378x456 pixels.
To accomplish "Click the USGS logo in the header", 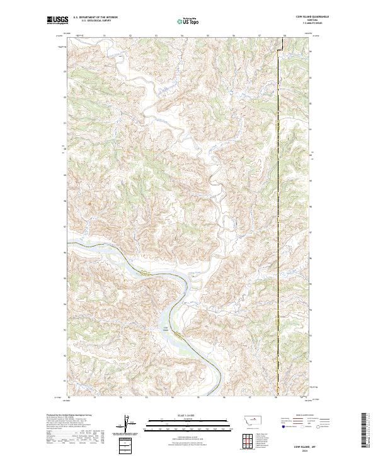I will (x=58, y=21).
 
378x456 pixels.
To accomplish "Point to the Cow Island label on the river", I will (x=168, y=328).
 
